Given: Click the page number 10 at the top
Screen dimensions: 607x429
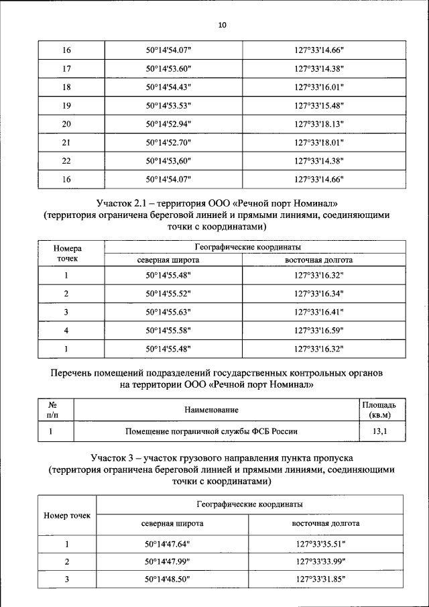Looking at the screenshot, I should (x=223, y=25).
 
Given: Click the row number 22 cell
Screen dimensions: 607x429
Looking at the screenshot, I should (x=66, y=161).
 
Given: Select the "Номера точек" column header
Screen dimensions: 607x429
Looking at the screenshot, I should (x=67, y=254).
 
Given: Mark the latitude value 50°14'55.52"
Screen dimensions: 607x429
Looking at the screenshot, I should (x=169, y=294).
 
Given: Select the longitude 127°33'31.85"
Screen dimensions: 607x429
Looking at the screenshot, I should (x=325, y=580).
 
